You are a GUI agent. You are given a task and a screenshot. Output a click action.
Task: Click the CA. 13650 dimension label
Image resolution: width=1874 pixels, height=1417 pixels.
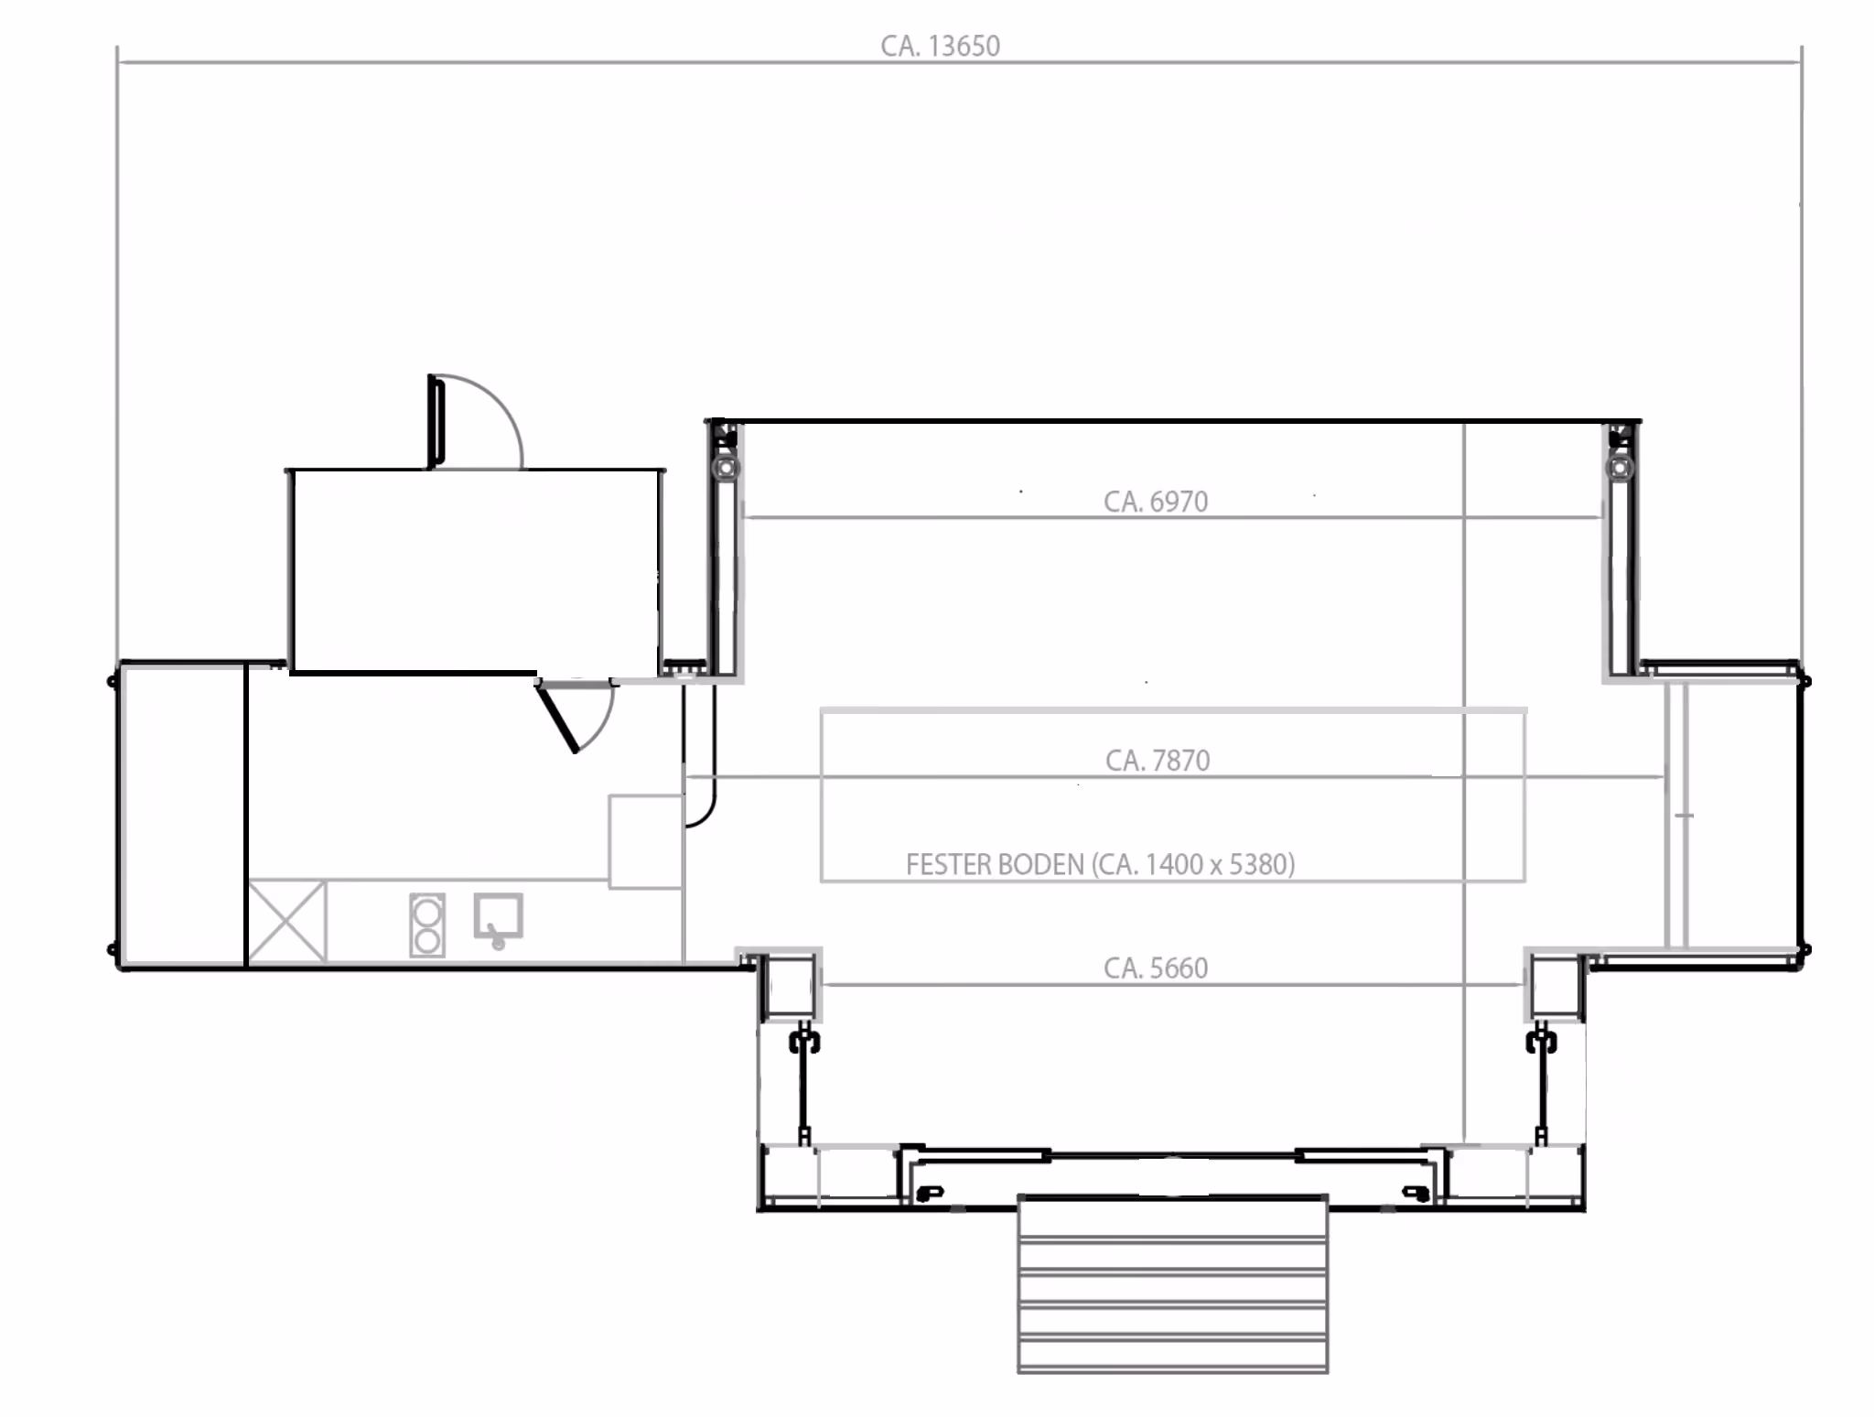(940, 46)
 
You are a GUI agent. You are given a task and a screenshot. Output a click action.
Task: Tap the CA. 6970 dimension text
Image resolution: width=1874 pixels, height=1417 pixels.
(1156, 502)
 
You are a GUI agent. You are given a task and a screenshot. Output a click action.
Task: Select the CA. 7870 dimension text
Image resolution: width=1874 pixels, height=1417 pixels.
(1158, 761)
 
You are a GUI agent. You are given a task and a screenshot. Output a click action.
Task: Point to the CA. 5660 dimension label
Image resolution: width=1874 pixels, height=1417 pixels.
(1156, 968)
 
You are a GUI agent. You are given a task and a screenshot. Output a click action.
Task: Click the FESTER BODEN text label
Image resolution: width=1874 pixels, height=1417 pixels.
(995, 865)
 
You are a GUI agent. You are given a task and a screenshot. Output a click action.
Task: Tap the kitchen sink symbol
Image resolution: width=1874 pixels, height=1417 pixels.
(498, 919)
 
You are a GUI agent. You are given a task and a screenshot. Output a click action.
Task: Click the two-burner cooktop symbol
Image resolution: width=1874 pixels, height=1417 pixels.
(427, 925)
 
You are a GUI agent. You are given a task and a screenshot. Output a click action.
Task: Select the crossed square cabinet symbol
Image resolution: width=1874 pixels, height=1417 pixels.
(287, 921)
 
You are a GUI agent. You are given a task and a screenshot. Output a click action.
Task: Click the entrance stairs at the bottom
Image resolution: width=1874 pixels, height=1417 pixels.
(1173, 1283)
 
